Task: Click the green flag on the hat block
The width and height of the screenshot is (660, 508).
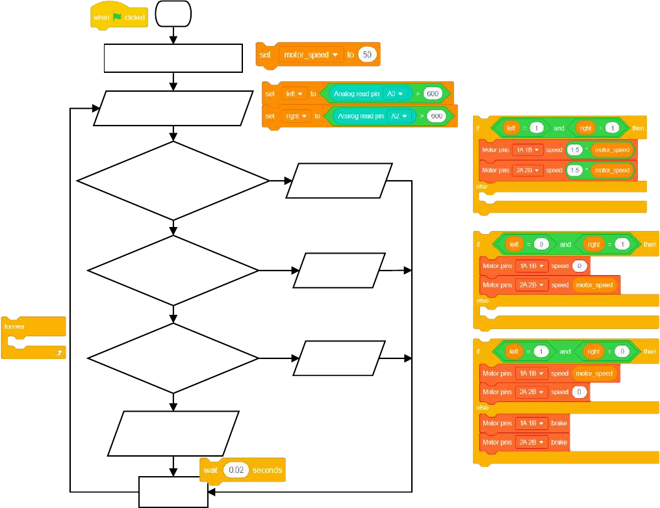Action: [118, 18]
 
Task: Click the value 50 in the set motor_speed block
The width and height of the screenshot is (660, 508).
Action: [367, 55]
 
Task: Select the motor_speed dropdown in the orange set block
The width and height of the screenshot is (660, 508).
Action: [311, 55]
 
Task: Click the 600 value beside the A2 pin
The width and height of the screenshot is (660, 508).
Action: [437, 116]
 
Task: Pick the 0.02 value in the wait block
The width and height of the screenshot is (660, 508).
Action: [236, 470]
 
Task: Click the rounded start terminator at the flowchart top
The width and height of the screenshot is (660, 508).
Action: [173, 13]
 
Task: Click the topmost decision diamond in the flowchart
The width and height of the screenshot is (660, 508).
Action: [173, 181]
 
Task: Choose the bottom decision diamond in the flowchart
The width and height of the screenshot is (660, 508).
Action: [173, 358]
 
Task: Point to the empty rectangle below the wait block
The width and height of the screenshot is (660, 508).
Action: [173, 492]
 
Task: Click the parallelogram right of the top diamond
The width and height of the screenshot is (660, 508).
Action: [339, 180]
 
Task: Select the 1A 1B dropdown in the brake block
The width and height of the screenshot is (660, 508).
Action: [531, 423]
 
